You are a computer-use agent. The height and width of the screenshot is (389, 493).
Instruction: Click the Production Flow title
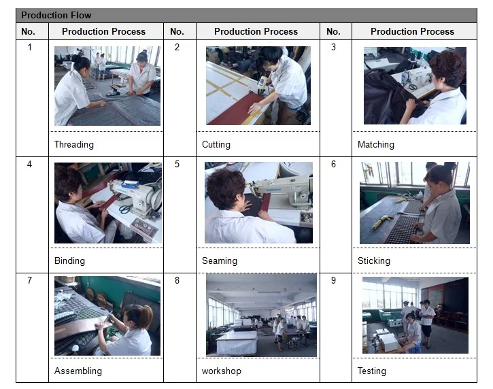[x=56, y=15]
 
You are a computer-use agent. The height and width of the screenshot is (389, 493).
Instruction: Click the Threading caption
[x=74, y=144]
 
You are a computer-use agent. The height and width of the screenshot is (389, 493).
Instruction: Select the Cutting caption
[x=216, y=144]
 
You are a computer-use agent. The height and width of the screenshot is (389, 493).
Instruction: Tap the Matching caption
[x=376, y=144]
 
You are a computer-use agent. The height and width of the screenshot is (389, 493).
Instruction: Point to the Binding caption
[x=69, y=260]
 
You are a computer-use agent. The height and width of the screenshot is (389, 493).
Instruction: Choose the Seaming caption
[x=220, y=260]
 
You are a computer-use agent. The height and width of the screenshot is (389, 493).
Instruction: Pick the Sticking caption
[x=374, y=260]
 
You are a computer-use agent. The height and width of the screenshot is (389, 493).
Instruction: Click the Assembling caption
[x=78, y=371]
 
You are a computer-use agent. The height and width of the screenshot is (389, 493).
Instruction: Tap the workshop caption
[x=222, y=371]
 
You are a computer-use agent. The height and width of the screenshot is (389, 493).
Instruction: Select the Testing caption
[x=372, y=371]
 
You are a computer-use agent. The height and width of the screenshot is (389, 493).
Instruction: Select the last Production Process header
[x=412, y=31]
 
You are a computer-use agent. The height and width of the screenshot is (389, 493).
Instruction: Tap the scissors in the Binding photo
[x=125, y=209]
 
